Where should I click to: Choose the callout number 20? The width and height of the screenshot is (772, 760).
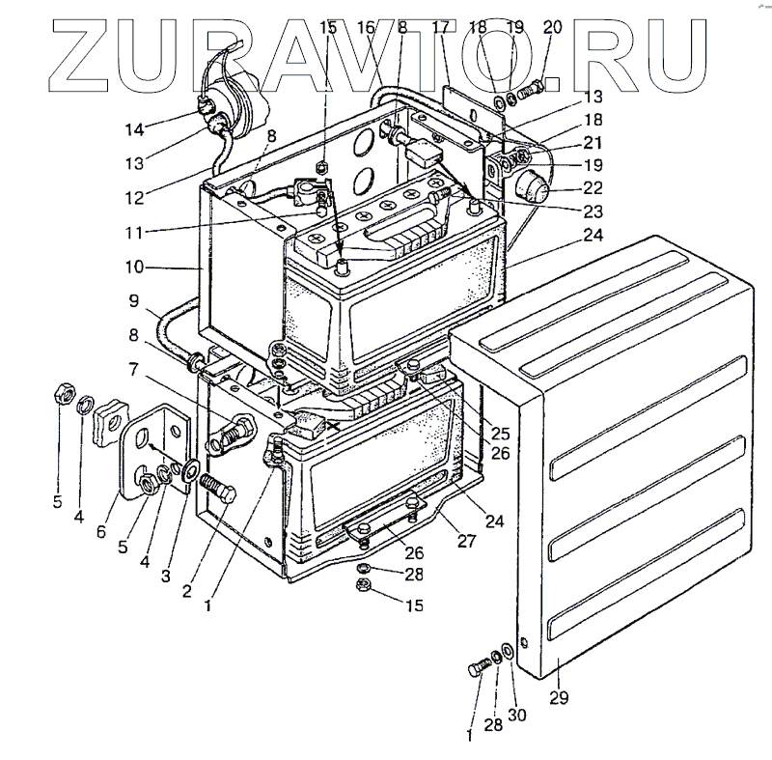point(552,28)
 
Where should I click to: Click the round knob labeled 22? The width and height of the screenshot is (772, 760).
point(533,184)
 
